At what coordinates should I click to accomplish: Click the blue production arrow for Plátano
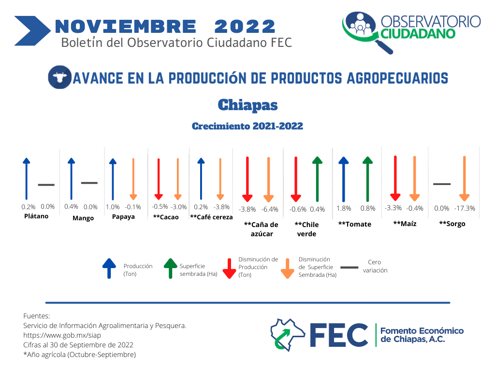click(27, 179)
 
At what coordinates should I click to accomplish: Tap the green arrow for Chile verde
click(317, 179)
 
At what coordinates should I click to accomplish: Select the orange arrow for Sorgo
click(465, 178)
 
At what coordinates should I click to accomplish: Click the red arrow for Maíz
click(395, 178)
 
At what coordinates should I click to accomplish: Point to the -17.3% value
click(465, 208)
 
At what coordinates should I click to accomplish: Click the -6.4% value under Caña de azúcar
click(270, 209)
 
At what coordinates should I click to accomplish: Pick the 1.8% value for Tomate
click(344, 208)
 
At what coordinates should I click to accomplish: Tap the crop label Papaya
click(123, 217)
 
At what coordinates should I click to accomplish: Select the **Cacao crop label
click(166, 217)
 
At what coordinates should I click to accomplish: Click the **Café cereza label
click(211, 217)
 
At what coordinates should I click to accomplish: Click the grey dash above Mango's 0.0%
click(89, 183)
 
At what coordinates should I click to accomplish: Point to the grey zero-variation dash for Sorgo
click(442, 184)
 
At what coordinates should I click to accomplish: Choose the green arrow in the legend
click(171, 269)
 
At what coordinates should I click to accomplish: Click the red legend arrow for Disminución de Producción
click(229, 269)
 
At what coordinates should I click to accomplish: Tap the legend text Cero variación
click(375, 266)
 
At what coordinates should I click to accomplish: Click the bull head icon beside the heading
click(59, 77)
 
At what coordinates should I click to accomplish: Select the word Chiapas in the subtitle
click(247, 105)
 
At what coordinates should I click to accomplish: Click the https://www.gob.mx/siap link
click(62, 335)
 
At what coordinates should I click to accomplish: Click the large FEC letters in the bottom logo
click(339, 335)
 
